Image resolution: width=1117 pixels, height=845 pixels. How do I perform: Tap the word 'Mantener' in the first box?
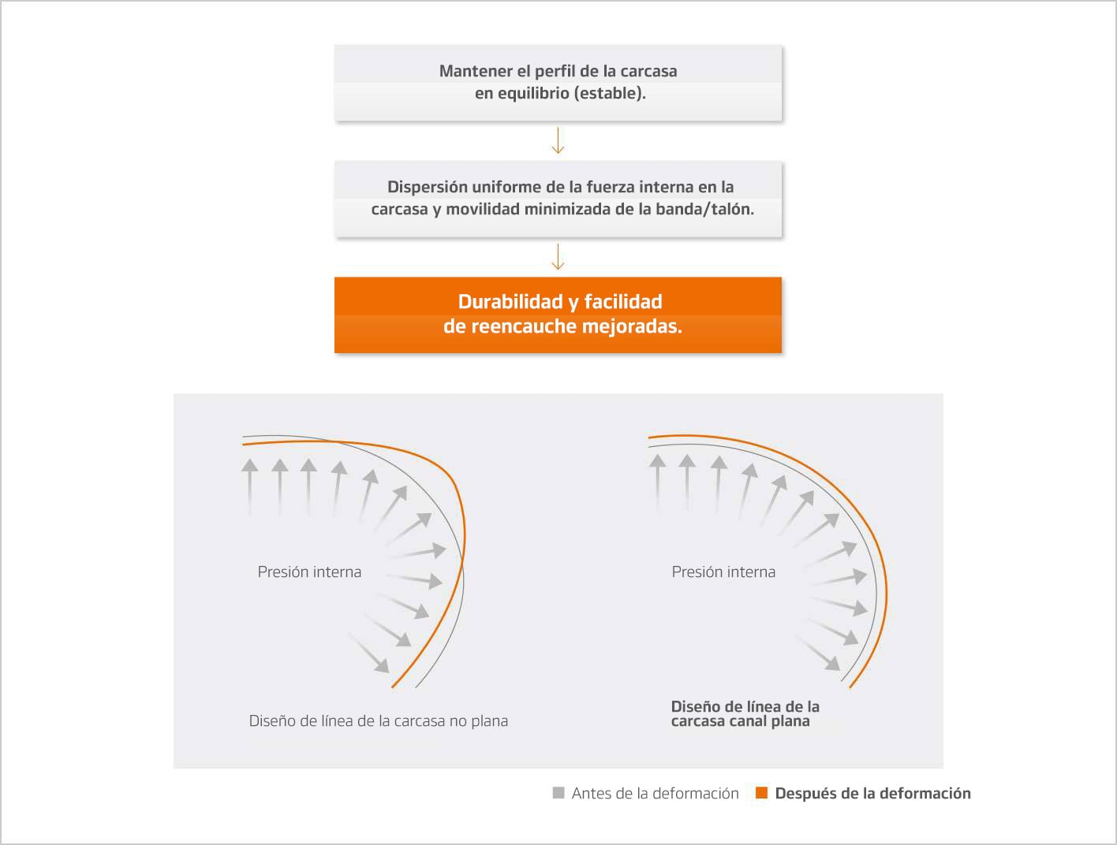[475, 71]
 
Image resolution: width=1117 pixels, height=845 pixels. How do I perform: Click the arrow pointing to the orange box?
[558, 257]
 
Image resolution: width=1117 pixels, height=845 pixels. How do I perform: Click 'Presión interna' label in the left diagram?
[309, 572]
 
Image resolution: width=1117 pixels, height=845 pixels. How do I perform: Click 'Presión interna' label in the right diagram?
[723, 572]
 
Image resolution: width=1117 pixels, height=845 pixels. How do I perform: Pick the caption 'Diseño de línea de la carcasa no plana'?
[378, 720]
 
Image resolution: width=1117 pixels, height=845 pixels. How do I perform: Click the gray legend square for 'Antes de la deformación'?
[558, 793]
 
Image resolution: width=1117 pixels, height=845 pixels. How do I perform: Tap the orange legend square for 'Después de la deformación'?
[761, 793]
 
